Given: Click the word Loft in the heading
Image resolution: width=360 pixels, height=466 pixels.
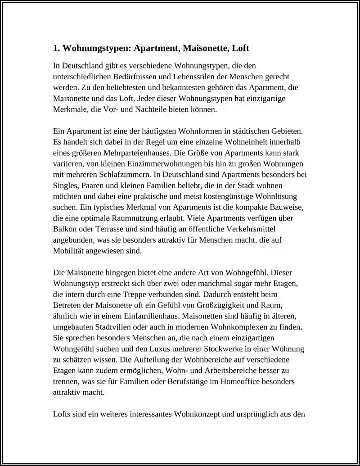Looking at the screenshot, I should pos(240,48).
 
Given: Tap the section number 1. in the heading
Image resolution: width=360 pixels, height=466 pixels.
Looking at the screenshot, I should pos(56,48).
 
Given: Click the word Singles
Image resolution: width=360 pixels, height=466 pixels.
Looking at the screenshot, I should pos(66,185).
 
